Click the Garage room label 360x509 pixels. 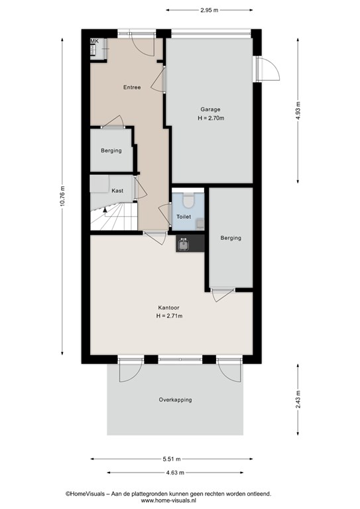[210, 109]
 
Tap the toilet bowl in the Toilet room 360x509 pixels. [188, 200]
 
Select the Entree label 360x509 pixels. [132, 87]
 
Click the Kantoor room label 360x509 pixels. [168, 308]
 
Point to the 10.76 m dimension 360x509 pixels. [62, 196]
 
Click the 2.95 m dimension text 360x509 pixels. [210, 10]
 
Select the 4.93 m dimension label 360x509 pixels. [298, 111]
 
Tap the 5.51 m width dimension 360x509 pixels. [172, 459]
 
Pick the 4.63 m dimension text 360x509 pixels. [175, 473]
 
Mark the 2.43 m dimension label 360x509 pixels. [298, 400]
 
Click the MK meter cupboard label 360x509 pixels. [94, 41]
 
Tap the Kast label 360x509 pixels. [117, 191]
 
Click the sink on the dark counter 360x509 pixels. [184, 244]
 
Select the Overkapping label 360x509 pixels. [175, 400]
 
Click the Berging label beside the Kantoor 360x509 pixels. [231, 238]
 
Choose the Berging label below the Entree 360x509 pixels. [111, 150]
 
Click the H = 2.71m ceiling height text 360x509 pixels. [169, 316]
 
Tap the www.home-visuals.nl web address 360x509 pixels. [168, 500]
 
